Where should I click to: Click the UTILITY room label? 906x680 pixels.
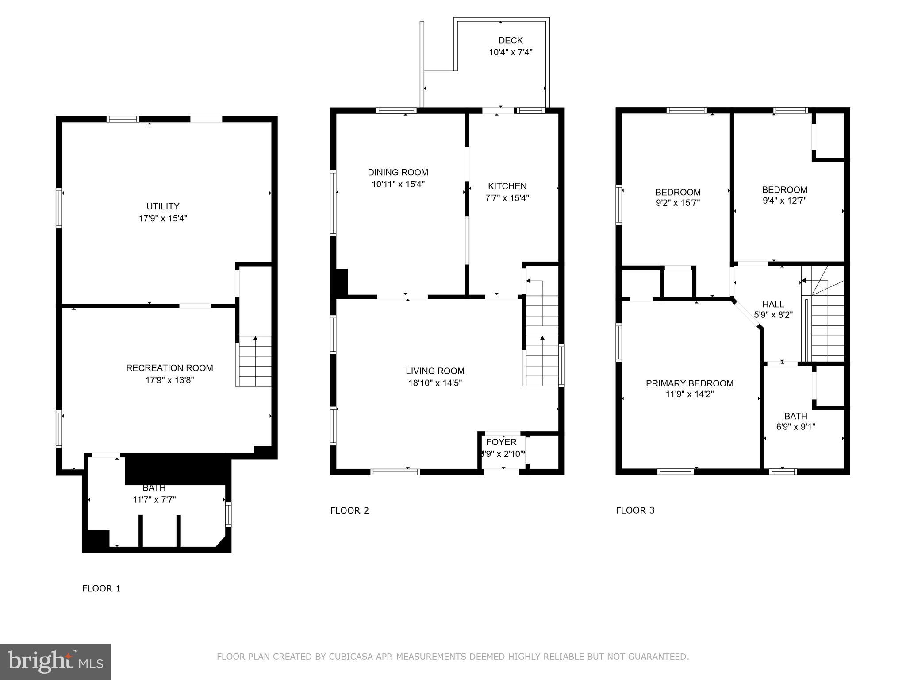click(163, 206)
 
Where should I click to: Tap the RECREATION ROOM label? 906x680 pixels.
click(169, 368)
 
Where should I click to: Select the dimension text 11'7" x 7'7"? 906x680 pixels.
click(154, 500)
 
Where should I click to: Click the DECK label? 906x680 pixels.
click(511, 41)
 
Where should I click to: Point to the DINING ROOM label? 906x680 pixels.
click(398, 172)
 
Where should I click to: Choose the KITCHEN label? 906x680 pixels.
click(507, 186)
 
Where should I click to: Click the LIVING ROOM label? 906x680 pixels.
click(435, 371)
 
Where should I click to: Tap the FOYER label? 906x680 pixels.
click(501, 442)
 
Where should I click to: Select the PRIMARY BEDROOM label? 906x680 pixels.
click(689, 383)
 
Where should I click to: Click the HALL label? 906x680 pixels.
click(773, 304)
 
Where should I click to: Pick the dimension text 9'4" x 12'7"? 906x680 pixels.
click(784, 201)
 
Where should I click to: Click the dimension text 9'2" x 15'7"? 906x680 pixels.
click(677, 203)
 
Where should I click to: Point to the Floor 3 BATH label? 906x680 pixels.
click(795, 416)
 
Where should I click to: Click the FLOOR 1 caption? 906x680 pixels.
click(101, 588)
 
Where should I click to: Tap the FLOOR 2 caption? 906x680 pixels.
click(349, 510)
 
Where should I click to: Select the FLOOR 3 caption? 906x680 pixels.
click(635, 510)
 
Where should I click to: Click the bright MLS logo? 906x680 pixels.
click(55, 662)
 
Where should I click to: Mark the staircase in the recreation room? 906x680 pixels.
click(255, 361)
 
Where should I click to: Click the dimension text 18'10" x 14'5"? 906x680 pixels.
click(435, 383)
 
